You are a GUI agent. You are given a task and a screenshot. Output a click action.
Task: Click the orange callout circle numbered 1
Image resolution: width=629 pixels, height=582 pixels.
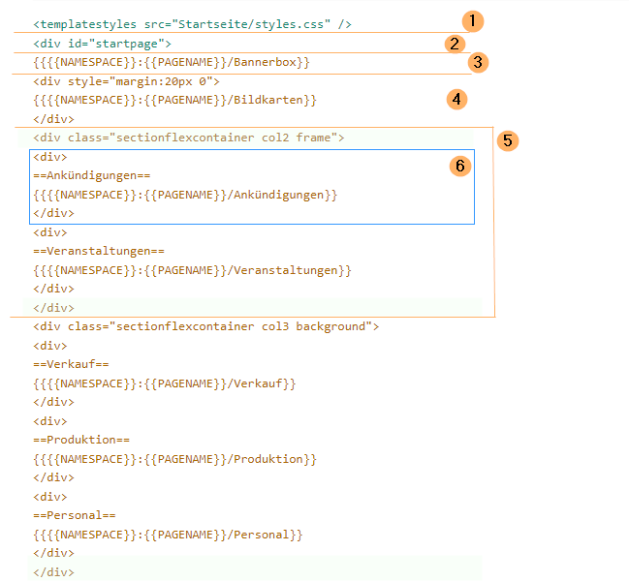(471, 20)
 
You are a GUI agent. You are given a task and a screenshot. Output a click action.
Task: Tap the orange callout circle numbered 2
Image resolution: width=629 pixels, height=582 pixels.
(454, 43)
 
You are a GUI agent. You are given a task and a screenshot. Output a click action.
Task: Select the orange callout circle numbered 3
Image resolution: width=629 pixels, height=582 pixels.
(476, 62)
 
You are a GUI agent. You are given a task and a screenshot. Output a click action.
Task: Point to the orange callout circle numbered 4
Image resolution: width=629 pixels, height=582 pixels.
(456, 98)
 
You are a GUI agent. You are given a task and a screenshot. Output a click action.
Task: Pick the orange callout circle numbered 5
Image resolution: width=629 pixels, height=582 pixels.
(508, 140)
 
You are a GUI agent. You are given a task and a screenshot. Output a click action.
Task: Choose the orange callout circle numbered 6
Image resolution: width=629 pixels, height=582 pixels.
(460, 166)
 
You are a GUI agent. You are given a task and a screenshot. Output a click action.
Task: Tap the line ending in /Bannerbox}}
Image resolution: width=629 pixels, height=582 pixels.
(171, 62)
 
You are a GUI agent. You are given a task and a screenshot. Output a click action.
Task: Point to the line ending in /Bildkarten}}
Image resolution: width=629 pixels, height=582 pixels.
(174, 100)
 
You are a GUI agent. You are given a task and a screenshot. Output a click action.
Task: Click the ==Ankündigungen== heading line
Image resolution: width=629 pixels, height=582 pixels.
(92, 175)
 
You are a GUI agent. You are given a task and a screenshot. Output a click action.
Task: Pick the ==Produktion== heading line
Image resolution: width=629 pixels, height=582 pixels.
(81, 440)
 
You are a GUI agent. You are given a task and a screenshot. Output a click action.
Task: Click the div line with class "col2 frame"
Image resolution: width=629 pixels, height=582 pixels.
(188, 138)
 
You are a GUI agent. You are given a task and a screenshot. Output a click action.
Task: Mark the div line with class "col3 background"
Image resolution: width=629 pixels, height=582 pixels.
(205, 326)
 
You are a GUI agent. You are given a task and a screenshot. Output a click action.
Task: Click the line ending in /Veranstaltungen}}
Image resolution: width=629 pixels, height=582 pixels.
(192, 270)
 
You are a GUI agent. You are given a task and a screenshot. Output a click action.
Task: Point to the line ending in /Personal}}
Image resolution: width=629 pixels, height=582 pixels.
(168, 535)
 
